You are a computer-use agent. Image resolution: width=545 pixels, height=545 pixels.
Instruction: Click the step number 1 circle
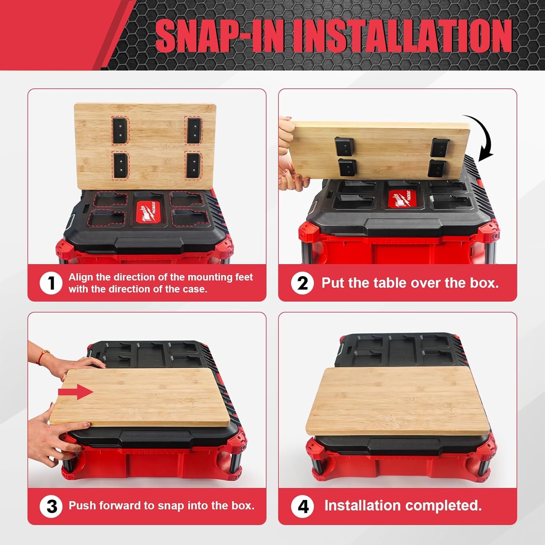[51, 283]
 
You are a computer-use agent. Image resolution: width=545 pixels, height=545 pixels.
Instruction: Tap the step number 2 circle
[302, 283]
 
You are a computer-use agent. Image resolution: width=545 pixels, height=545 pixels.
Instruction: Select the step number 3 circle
[51, 506]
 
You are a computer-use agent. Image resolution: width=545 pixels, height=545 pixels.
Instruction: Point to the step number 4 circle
[303, 506]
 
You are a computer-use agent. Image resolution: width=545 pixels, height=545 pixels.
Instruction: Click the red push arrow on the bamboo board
[76, 392]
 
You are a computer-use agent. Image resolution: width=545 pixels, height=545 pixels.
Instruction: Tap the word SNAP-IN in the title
[220, 36]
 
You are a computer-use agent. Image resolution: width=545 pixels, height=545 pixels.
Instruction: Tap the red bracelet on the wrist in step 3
[42, 357]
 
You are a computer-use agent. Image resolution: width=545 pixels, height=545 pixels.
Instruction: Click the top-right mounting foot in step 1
[193, 130]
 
